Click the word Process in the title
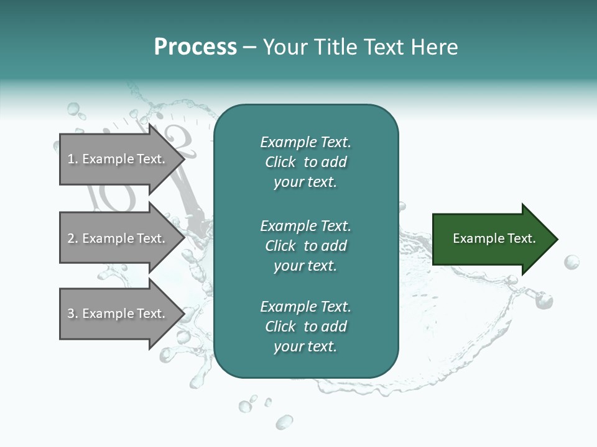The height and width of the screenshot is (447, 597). [x=195, y=47]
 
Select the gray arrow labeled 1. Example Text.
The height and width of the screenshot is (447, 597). [x=118, y=160]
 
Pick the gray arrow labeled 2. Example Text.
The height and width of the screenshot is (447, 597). [x=118, y=238]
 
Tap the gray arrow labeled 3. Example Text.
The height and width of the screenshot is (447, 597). [x=118, y=314]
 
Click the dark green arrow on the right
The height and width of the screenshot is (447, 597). [x=491, y=239]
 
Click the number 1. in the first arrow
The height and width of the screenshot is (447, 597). [x=73, y=160]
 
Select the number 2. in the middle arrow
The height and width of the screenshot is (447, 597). [x=73, y=238]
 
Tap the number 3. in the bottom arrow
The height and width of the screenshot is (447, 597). [x=73, y=314]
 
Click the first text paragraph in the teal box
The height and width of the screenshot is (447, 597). [x=305, y=162]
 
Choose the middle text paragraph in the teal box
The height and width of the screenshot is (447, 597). [x=305, y=246]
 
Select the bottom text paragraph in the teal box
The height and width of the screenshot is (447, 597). [x=305, y=327]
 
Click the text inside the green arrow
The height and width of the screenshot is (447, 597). [x=494, y=238]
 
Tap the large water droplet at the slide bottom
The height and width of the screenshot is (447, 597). [x=284, y=423]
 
